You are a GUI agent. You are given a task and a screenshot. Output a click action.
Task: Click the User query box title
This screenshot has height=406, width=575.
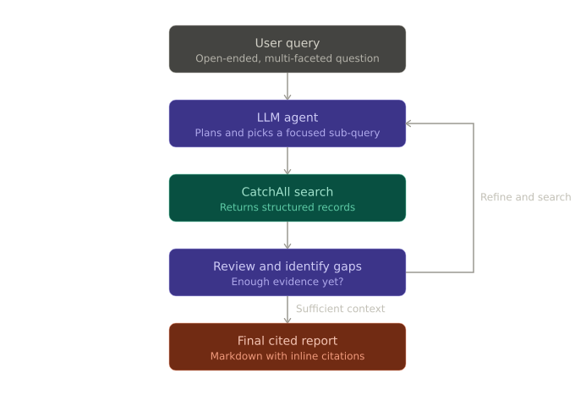(287, 43)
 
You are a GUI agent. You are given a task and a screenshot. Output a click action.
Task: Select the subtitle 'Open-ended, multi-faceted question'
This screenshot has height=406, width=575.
(287, 58)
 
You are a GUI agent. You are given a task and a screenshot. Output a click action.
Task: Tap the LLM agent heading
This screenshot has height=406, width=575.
(287, 118)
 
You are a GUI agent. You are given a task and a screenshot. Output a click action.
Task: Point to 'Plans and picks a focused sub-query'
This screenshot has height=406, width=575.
(287, 133)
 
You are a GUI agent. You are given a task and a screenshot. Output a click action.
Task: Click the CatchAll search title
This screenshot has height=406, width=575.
(287, 192)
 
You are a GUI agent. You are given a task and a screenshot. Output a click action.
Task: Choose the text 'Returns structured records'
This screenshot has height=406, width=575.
(287, 207)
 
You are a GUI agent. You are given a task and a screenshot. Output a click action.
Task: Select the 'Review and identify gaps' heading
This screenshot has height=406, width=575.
(287, 266)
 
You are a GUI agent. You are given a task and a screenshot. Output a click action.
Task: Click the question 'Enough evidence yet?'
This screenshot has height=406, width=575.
(287, 282)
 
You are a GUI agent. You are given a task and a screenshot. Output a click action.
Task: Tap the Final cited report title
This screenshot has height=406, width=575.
(287, 341)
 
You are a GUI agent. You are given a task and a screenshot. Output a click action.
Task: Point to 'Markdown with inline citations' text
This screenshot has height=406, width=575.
(287, 356)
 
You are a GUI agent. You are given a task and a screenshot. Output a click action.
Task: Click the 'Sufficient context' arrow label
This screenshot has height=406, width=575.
(341, 309)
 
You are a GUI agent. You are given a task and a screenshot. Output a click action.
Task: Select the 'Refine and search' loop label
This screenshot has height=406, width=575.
(526, 197)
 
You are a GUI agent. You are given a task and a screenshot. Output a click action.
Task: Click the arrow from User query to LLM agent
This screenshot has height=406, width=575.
(287, 86)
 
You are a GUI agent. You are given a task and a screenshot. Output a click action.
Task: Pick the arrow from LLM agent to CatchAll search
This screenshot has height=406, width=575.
(287, 161)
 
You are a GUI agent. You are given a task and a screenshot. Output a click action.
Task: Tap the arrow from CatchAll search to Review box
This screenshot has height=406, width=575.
(287, 235)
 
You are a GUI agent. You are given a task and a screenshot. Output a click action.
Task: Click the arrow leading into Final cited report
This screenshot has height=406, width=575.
(287, 310)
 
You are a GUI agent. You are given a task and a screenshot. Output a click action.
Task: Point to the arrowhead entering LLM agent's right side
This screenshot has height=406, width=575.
(408, 123)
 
